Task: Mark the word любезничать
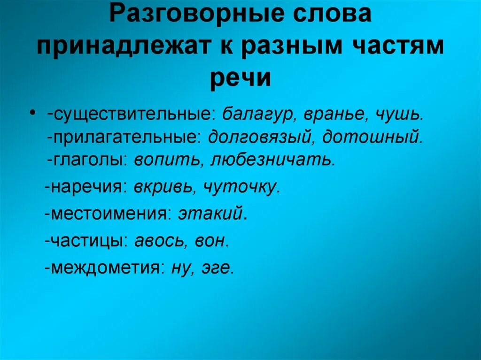pyautogui.click(x=273, y=160)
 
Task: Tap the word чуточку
pyautogui.click(x=242, y=187)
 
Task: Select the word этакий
pyautogui.click(x=211, y=214)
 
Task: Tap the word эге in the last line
pyautogui.click(x=217, y=268)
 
